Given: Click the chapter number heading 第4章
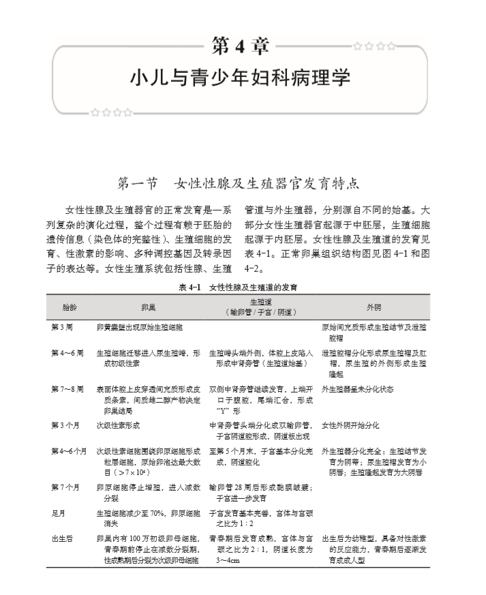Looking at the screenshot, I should coord(241,47).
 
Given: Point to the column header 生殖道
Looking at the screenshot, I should coord(262,301).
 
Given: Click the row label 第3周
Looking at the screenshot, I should coord(62,327).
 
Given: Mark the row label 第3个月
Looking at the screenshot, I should coord(65,425).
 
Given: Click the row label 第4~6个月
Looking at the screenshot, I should coord(69,451).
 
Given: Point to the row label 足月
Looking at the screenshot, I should coord(59,513).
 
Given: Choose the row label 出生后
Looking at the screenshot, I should coord(62,538).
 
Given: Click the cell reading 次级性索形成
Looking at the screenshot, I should coord(118,425).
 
